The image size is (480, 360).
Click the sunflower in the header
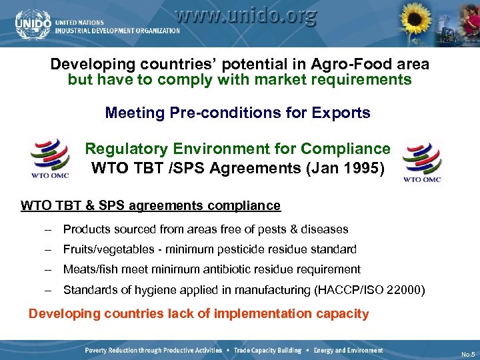pos(415,21)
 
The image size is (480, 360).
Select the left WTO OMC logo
pos(51,157)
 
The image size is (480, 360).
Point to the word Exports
pos(341,113)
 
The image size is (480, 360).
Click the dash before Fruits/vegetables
pos(49,249)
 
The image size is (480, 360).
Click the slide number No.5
pos(467,354)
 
